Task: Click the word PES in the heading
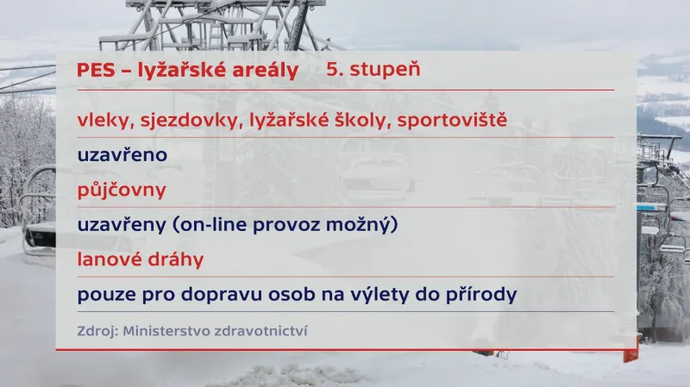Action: pos(95,70)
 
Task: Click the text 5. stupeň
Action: pos(373,69)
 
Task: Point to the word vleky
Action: pos(102,120)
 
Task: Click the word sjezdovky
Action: pos(183,120)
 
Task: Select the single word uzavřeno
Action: pos(122,155)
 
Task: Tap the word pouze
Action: pos(104,294)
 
